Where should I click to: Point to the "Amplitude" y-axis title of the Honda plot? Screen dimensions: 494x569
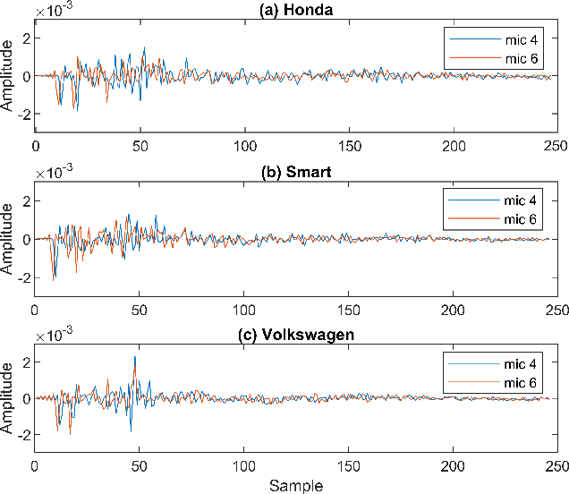(8, 76)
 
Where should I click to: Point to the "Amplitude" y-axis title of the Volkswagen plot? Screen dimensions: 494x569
(8, 399)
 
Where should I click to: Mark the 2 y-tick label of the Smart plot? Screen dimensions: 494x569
(25, 201)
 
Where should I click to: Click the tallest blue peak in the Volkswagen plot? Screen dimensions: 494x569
(135, 357)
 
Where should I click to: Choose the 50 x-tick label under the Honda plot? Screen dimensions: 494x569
(140, 146)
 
